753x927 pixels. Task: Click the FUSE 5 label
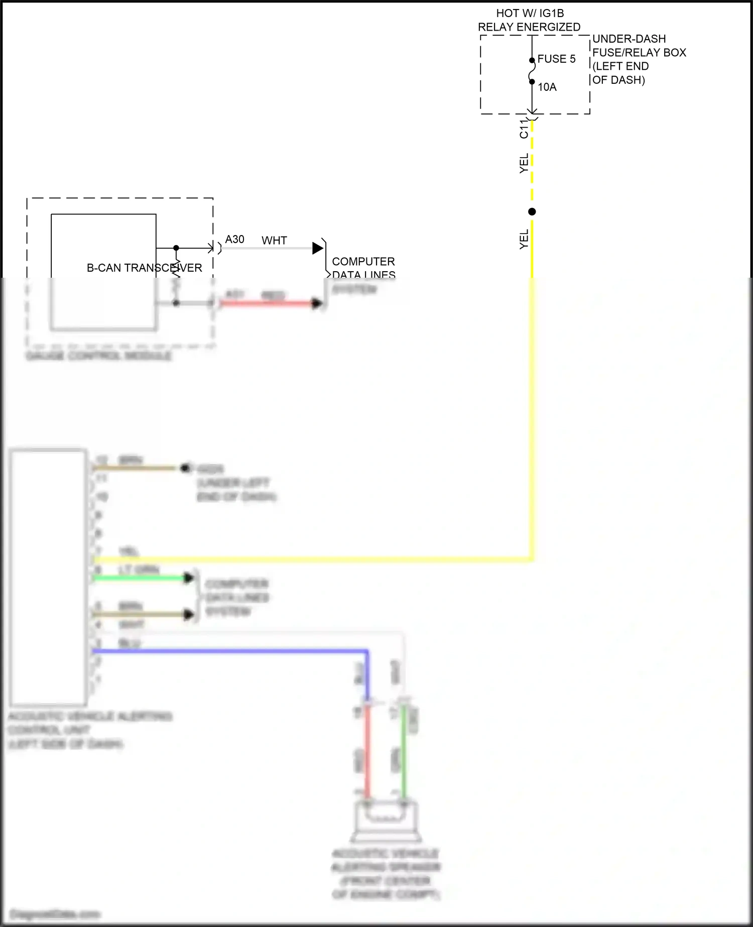[556, 59]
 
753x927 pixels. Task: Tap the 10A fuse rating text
[547, 87]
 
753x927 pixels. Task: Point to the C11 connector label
[524, 129]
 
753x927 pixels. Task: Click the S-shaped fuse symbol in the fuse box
[532, 71]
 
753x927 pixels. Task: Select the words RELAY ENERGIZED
[529, 27]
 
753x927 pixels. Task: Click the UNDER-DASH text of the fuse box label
[629, 39]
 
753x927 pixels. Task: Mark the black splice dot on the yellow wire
[532, 212]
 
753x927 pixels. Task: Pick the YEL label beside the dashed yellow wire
[524, 164]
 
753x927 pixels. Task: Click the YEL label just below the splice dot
[524, 239]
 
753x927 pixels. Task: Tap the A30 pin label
[234, 240]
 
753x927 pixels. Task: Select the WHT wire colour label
[274, 241]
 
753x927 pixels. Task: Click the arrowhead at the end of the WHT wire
[317, 248]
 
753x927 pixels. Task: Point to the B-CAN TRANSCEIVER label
[145, 268]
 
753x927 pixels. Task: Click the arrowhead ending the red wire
[317, 303]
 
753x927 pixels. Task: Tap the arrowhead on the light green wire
[189, 578]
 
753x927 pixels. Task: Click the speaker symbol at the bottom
[386, 822]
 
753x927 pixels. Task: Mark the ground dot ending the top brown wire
[185, 469]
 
